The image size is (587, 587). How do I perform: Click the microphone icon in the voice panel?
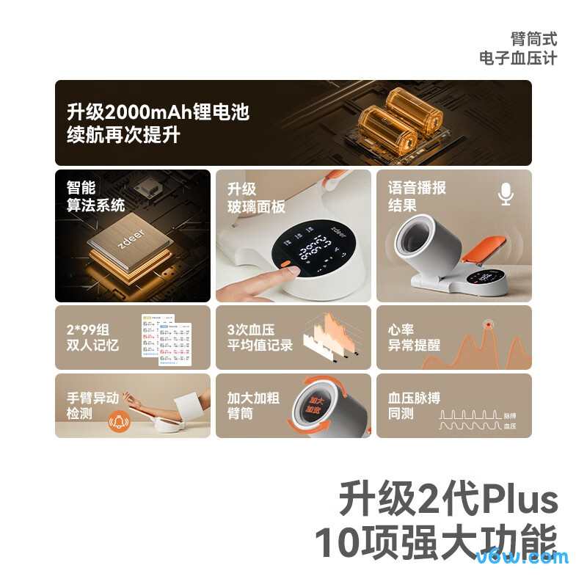pyautogui.click(x=506, y=194)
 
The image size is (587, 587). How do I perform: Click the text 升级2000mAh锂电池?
pyautogui.click(x=158, y=112)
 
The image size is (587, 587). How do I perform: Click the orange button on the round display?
pyautogui.click(x=282, y=260)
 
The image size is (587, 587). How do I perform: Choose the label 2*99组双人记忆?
pyautogui.click(x=92, y=337)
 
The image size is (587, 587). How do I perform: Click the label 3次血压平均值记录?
pyautogui.click(x=260, y=337)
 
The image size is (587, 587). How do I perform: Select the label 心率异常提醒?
pyautogui.click(x=414, y=337)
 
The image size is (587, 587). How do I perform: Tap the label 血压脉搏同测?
pyautogui.click(x=414, y=406)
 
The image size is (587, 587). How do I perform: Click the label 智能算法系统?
pyautogui.click(x=95, y=196)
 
